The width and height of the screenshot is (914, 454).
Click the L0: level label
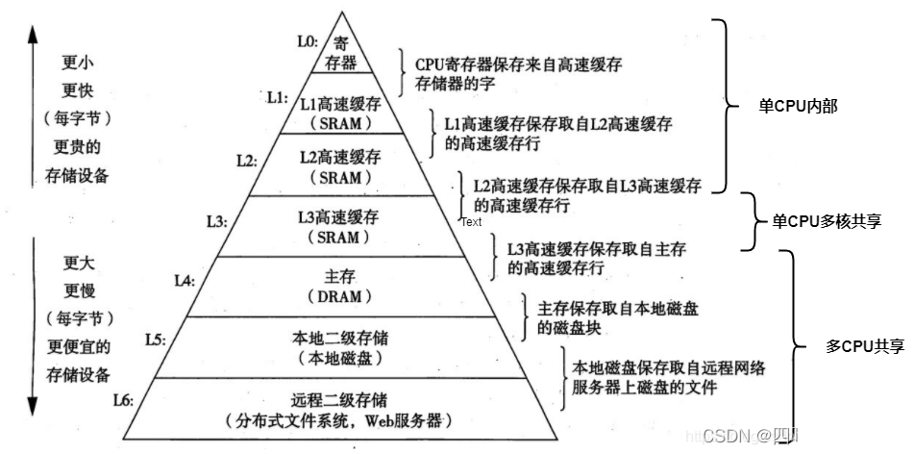[x=308, y=41]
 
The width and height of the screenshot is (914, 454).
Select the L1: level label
[x=277, y=97]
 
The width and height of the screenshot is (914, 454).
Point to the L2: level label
[x=245, y=160]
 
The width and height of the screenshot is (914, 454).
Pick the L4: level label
[x=185, y=280]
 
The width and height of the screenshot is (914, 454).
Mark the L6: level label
[x=124, y=399]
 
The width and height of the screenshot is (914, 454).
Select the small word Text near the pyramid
[x=471, y=222]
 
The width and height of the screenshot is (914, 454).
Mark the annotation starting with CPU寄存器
[x=518, y=63]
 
